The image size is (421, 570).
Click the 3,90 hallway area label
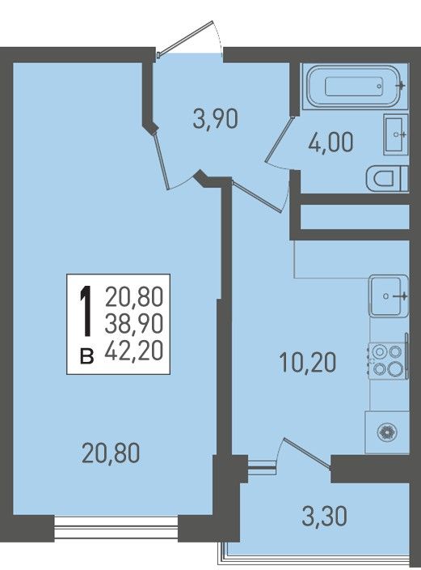click(x=215, y=120)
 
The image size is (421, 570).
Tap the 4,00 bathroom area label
click(x=330, y=142)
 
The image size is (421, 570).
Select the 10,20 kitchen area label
click(x=308, y=363)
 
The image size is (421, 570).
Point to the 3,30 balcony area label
click(x=324, y=517)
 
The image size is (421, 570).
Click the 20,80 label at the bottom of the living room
click(x=111, y=453)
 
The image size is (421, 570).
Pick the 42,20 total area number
click(x=134, y=351)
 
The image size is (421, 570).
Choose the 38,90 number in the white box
click(x=134, y=324)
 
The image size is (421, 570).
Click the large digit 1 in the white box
click(x=86, y=311)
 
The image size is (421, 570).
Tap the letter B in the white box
click(x=86, y=356)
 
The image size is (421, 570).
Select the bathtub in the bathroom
click(x=353, y=87)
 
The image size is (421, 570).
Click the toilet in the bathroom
click(x=387, y=178)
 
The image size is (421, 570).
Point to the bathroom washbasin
click(x=396, y=134)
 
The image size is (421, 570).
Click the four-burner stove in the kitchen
click(x=387, y=361)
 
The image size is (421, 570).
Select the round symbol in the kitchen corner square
click(x=387, y=432)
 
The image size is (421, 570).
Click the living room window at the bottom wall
click(x=116, y=528)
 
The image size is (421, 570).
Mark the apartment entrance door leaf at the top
click(x=185, y=38)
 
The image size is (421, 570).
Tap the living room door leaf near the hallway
click(x=162, y=160)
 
